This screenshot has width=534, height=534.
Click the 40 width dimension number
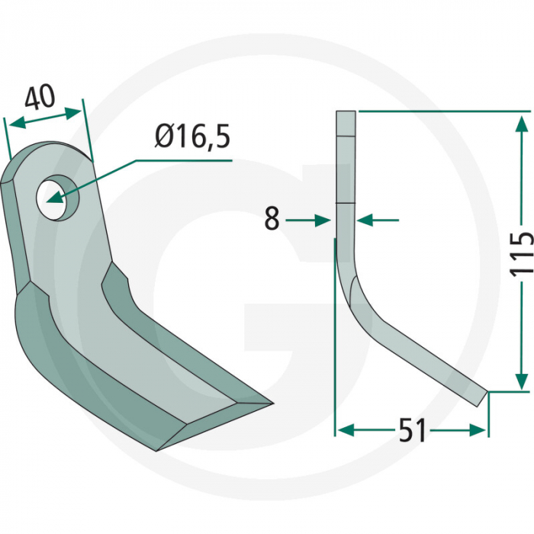click(x=40, y=98)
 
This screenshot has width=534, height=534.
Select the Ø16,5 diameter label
click(x=191, y=137)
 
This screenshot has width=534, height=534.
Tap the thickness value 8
click(x=272, y=220)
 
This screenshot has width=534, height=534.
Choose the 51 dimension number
click(x=412, y=431)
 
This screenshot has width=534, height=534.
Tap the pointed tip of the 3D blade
click(x=270, y=402)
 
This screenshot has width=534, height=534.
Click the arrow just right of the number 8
click(x=323, y=220)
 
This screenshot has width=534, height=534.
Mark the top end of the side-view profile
click(x=346, y=114)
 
